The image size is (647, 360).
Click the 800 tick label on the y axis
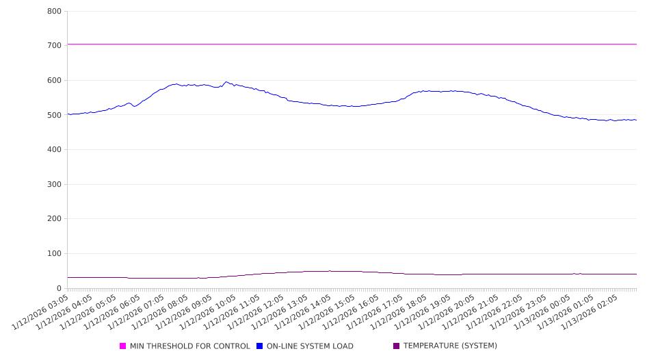[55, 12]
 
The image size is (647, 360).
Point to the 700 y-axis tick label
[55, 46]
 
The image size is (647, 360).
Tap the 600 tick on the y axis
[55, 81]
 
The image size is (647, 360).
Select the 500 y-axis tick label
[55, 116]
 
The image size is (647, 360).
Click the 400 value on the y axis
[55, 150]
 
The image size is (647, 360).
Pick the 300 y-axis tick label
[55, 185]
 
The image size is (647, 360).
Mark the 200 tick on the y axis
[55, 220]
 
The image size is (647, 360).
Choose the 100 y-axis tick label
[55, 254]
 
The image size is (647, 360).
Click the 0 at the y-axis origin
[60, 289]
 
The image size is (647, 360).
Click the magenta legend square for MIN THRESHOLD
[123, 346]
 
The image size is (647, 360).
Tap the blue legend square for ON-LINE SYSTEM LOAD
[260, 346]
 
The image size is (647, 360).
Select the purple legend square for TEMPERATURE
[397, 346]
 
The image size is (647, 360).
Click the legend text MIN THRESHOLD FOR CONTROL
[189, 346]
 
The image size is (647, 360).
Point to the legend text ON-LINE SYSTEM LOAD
[310, 346]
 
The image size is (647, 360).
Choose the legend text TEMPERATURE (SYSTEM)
[450, 346]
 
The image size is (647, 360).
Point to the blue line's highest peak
[226, 82]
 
